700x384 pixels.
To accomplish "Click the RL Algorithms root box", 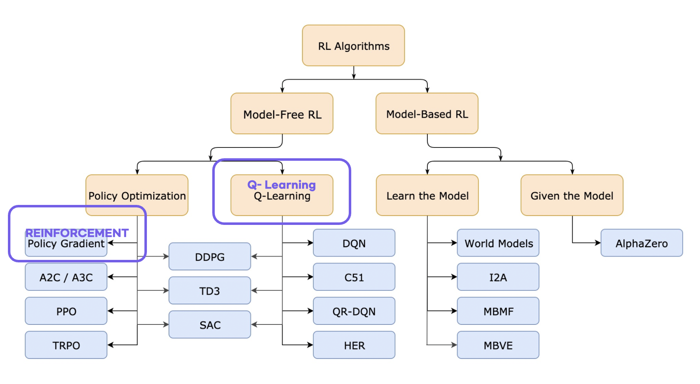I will [353, 45].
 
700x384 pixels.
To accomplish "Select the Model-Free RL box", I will [282, 114].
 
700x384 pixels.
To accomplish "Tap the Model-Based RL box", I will [427, 114].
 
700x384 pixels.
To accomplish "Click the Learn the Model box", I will [427, 195].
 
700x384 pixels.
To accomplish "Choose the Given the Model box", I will [572, 195].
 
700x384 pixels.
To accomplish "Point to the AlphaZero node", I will [642, 243].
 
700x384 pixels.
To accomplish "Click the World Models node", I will [498, 243].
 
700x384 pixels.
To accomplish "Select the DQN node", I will [354, 243].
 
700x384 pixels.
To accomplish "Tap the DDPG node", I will [210, 257].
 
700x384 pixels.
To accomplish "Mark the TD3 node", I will [210, 291].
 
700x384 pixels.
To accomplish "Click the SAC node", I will [210, 325].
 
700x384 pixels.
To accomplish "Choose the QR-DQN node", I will [354, 311].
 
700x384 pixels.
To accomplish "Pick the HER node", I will [354, 345].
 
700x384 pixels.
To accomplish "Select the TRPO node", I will [66, 345].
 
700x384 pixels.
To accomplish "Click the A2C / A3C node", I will [66, 277].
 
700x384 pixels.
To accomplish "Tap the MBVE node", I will [498, 345].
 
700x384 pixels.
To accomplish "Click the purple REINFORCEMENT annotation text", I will [77, 232].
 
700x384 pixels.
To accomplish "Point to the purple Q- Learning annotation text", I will [282, 185].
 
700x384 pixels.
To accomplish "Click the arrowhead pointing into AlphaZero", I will [598, 243].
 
